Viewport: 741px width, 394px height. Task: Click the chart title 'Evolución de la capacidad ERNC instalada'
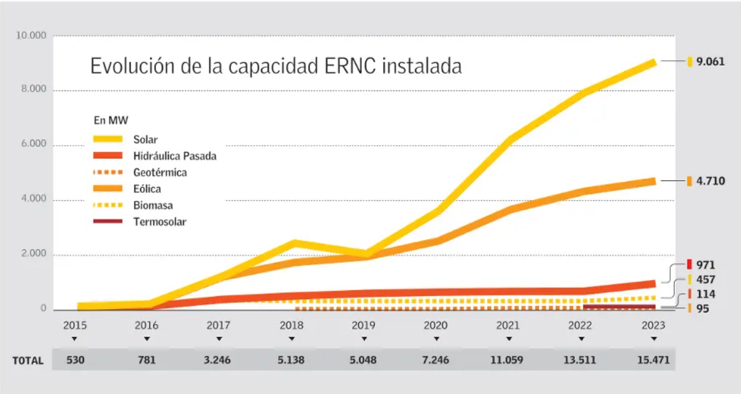click(x=276, y=66)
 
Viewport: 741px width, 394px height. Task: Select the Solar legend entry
click(x=145, y=139)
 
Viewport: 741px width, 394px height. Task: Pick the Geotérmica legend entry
click(x=160, y=172)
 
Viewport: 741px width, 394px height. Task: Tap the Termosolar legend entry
click(x=159, y=222)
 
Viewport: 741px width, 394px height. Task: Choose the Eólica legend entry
click(x=147, y=189)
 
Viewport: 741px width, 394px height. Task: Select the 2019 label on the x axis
click(x=364, y=325)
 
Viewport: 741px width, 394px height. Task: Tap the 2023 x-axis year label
click(x=653, y=325)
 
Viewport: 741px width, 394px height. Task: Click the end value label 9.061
click(x=710, y=62)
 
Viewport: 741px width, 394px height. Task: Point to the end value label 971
click(x=705, y=265)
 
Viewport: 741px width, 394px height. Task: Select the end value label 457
click(x=705, y=280)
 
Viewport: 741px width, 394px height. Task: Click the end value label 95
click(x=703, y=309)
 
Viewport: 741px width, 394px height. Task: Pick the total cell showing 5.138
click(x=292, y=360)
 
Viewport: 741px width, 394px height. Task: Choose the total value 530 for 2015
click(x=74, y=360)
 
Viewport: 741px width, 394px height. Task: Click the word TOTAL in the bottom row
click(x=28, y=360)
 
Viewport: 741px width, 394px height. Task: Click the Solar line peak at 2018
click(x=294, y=243)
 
